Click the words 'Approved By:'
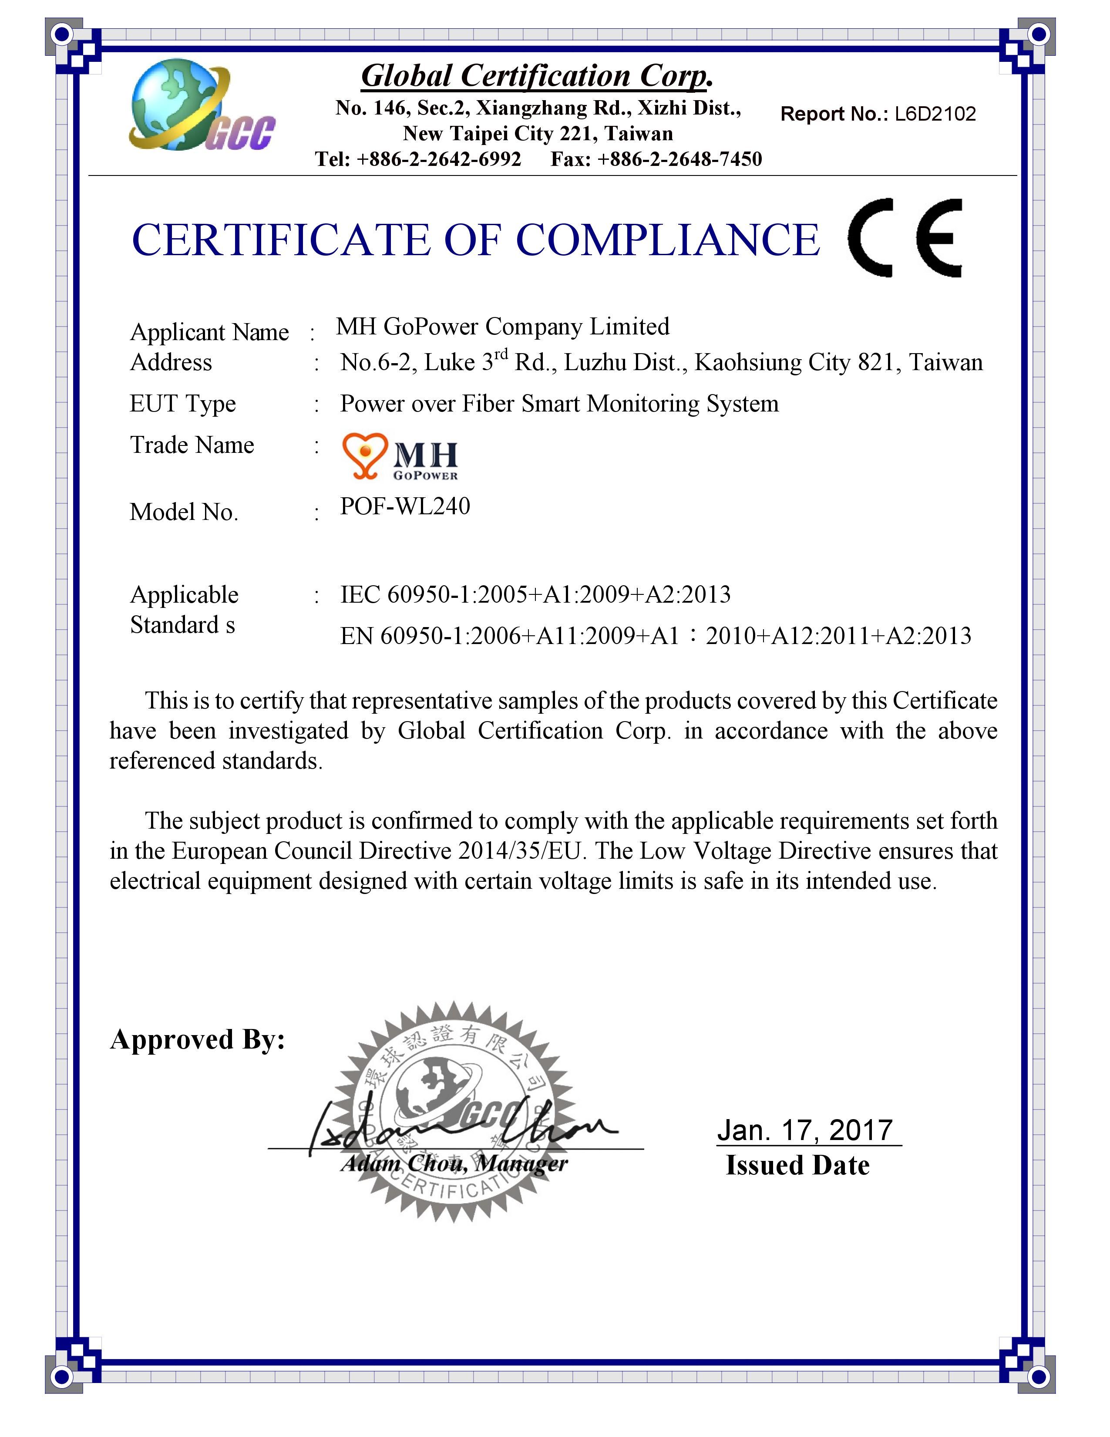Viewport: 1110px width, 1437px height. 197,1039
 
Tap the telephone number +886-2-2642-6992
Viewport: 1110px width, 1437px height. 439,159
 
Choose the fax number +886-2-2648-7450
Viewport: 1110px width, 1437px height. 679,159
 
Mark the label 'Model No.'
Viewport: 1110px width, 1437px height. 184,512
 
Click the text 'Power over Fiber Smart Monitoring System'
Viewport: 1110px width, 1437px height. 559,403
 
